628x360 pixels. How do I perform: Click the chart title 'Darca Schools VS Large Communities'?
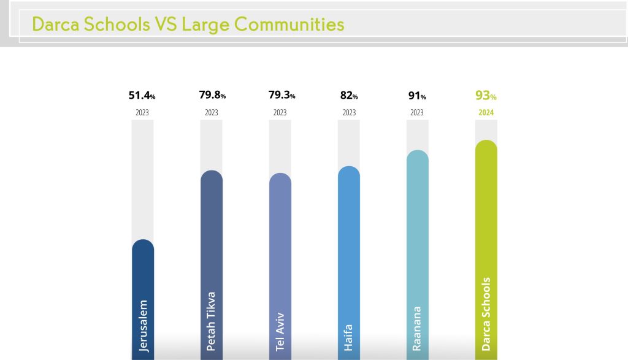[x=188, y=25]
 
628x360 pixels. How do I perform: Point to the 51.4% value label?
[x=142, y=96]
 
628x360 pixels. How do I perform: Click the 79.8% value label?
[x=212, y=96]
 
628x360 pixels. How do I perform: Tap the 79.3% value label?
[x=281, y=96]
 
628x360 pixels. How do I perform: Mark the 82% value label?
[x=349, y=96]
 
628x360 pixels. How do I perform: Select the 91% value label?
[x=417, y=96]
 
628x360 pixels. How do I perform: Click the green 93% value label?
[x=486, y=96]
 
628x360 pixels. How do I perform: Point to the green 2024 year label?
[x=486, y=112]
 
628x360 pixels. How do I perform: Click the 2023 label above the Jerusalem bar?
[x=142, y=113]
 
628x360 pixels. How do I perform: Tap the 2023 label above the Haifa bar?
[x=349, y=113]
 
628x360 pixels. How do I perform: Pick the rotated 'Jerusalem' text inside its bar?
[x=144, y=326]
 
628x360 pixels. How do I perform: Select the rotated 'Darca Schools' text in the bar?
[x=486, y=314]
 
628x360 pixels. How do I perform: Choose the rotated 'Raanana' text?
[x=417, y=328]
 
